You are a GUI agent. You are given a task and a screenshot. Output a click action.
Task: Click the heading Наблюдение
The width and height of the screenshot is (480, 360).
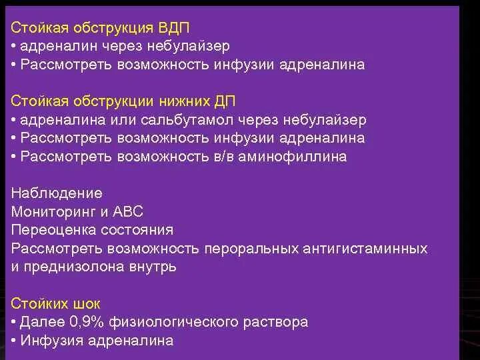[x=57, y=193]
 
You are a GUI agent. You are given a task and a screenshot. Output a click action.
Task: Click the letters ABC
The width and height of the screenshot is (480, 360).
[x=127, y=212]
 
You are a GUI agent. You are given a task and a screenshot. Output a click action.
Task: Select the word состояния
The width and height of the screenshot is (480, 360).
[x=137, y=230]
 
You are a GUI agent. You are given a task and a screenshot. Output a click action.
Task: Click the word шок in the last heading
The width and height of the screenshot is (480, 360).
[x=84, y=303]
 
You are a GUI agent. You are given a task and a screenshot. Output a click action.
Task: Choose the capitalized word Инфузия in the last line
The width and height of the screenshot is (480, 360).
[x=47, y=340]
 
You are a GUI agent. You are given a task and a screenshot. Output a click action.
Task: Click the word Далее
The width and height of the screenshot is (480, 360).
[x=40, y=322]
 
